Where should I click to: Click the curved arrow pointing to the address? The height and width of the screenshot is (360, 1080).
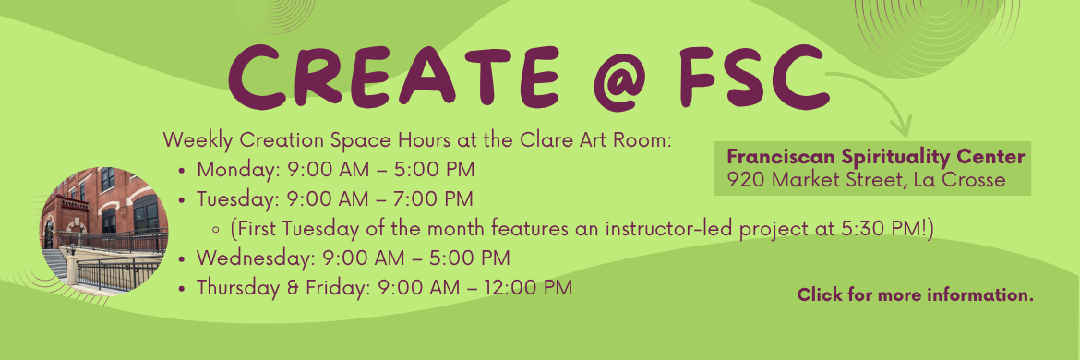[x=877, y=97]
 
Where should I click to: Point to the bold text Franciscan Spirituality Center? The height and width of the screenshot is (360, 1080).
[x=876, y=155]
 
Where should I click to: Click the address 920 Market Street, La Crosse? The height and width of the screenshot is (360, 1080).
[x=866, y=179]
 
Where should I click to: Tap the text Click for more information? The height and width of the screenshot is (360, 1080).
[x=915, y=295]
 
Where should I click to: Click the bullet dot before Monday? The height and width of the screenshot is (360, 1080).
[x=184, y=171]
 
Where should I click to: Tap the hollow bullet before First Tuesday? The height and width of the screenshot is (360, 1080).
[x=215, y=228]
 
